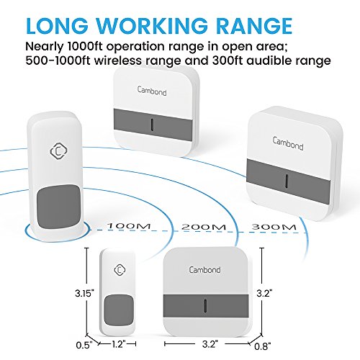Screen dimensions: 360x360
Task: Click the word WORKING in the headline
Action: pyautogui.click(x=152, y=25)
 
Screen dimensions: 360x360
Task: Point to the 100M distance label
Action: pyautogui.click(x=129, y=226)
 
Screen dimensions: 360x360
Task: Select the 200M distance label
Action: pyautogui.click(x=204, y=227)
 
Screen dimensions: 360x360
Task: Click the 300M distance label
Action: pyautogui.click(x=274, y=227)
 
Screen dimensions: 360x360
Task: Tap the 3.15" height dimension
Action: pyautogui.click(x=84, y=293)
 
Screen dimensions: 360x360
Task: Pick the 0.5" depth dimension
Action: pyautogui.click(x=84, y=346)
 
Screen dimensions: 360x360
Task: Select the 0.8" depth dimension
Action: pyautogui.click(x=263, y=346)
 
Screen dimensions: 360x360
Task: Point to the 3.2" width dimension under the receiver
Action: pyautogui.click(x=210, y=344)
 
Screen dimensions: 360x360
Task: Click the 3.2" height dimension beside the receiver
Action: pyautogui.click(x=264, y=293)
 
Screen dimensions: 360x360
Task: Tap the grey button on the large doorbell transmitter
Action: pyautogui.click(x=59, y=205)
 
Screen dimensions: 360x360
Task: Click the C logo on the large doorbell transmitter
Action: pyautogui.click(x=58, y=151)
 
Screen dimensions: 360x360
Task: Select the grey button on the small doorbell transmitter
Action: pyautogui.click(x=119, y=310)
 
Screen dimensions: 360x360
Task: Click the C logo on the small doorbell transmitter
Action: pyautogui.click(x=120, y=270)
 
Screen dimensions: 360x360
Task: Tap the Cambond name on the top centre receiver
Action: pyautogui.click(x=152, y=91)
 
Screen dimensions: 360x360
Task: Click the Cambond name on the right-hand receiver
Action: pyautogui.click(x=288, y=143)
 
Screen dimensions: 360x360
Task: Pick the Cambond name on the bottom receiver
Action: pyautogui.click(x=204, y=270)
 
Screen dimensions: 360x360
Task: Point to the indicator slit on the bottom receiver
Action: pyautogui.click(x=206, y=306)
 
